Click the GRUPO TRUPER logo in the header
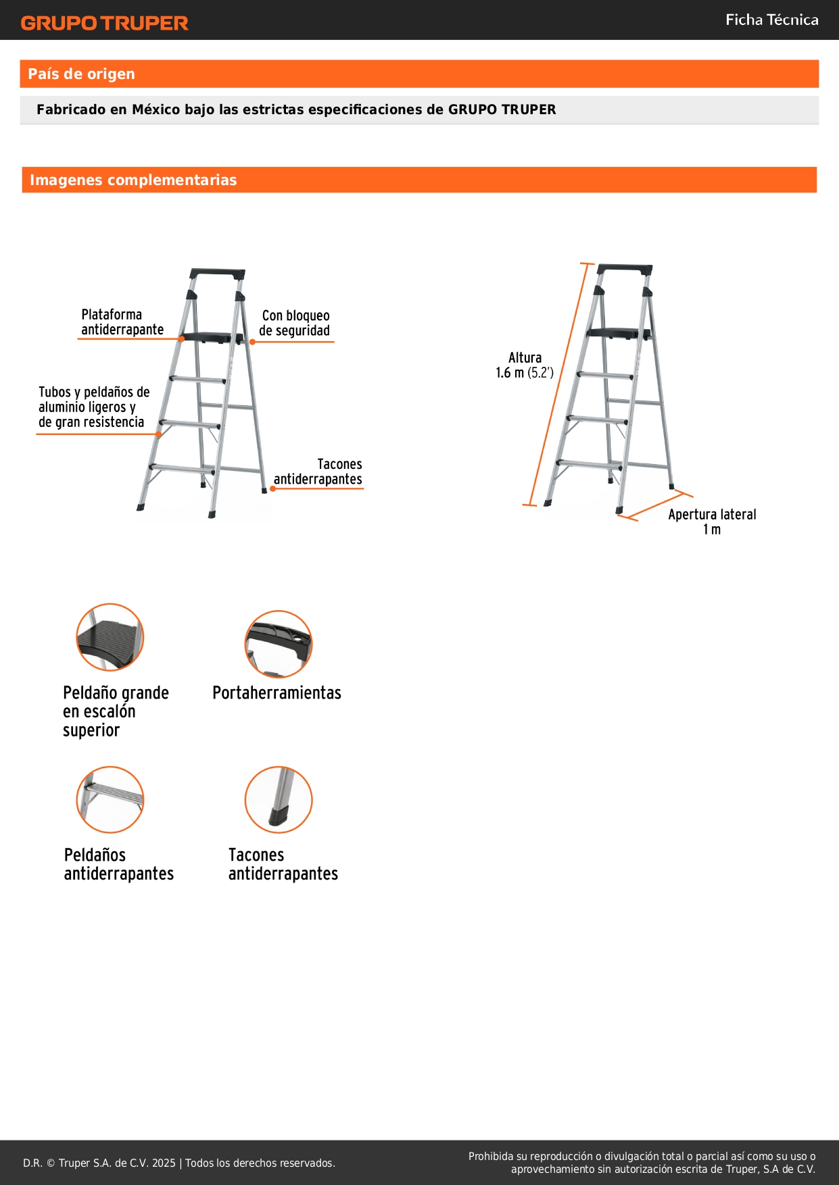104,23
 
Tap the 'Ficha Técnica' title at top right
771,20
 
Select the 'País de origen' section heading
81,74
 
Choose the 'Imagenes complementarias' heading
133,180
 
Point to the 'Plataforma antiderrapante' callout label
122,322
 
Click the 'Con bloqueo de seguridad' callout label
295,323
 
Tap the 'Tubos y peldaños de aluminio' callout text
94,407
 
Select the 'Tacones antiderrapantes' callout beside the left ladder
318,472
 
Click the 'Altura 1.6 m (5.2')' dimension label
525,365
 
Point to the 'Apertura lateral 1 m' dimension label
712,522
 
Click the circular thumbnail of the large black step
110,637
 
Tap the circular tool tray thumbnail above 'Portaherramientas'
279,644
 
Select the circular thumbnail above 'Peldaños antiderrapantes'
110,800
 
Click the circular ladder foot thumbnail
279,800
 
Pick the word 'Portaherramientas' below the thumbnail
277,692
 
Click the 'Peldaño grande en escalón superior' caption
116,711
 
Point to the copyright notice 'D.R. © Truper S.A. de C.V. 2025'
99,1163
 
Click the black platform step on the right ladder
619,332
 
